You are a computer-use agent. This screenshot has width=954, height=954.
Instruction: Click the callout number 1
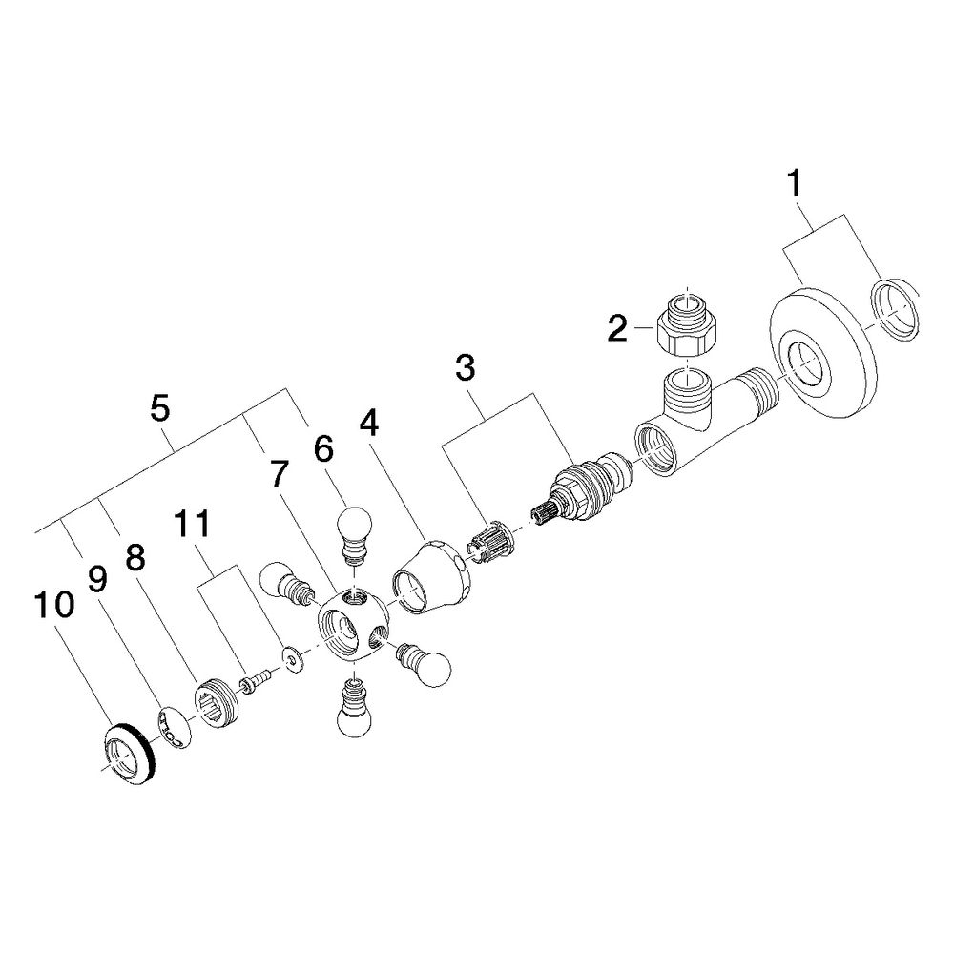coord(794,184)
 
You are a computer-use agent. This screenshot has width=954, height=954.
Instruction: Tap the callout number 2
coord(617,329)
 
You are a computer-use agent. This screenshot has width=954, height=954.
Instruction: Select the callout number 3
coord(465,367)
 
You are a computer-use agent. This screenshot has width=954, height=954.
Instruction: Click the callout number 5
coord(159,408)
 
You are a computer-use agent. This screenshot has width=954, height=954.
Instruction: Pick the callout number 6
coord(323,449)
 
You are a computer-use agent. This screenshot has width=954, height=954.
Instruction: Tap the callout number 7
coord(277,474)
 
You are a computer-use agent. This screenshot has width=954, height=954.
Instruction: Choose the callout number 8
coord(135,557)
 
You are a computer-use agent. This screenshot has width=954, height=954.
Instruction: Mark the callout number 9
coord(96,579)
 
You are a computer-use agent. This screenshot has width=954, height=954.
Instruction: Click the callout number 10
coord(54,605)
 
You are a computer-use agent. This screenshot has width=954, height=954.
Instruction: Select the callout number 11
coord(192,524)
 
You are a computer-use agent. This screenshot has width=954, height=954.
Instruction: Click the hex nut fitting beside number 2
coord(686,324)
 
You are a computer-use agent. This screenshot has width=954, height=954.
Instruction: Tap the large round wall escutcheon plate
coord(822,353)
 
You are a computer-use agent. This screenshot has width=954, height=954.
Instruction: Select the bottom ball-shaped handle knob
coord(354,710)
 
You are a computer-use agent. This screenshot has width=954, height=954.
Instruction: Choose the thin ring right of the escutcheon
coord(893,309)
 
